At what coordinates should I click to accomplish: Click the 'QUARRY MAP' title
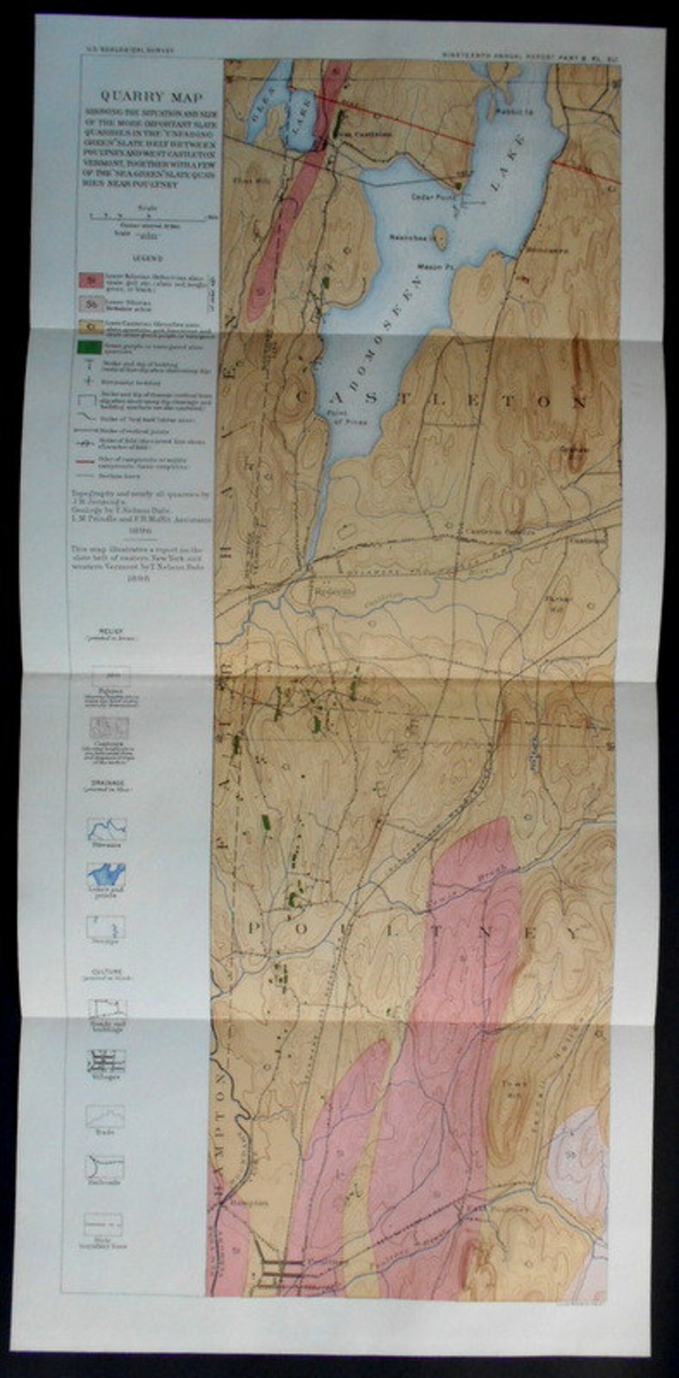(151, 97)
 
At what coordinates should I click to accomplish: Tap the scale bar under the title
(147, 218)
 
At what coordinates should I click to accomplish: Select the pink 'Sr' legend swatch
(91, 280)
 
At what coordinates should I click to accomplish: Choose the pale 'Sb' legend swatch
(91, 305)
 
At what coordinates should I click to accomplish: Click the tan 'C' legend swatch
(91, 325)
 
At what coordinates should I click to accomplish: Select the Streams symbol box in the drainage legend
(106, 829)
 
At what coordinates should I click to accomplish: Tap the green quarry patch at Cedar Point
(458, 185)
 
